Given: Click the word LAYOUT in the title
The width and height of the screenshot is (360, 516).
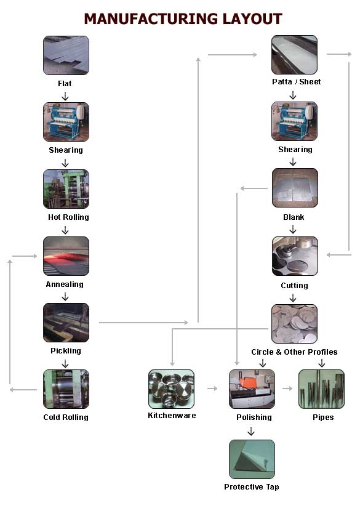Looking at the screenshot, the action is tap(252, 18).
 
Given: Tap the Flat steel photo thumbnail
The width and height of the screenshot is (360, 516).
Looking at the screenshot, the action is tap(66, 55).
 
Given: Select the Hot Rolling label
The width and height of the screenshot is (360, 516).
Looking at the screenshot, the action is tap(68, 217).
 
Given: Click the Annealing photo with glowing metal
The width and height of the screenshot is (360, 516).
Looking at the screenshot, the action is tap(66, 256).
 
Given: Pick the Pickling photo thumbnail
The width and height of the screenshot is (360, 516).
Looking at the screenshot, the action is tap(66, 323).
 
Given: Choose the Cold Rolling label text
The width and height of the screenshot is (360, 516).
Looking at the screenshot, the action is tap(66, 417).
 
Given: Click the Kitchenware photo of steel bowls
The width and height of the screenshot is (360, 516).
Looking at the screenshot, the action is tap(171, 389).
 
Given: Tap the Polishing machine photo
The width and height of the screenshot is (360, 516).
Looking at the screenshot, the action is tap(252, 389).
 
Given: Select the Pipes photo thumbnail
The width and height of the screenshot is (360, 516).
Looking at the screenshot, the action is tap(321, 389).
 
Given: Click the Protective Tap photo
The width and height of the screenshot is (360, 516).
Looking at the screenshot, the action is tap(252, 459).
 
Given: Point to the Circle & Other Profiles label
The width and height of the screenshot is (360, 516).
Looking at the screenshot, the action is tap(294, 352).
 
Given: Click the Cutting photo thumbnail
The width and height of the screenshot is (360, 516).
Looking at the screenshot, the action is tap(295, 256).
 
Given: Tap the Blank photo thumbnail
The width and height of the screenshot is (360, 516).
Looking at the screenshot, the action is tap(295, 188).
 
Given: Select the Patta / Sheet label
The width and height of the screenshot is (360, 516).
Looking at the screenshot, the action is tap(296, 82).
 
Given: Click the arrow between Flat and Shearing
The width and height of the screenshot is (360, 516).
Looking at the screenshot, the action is tap(65, 96).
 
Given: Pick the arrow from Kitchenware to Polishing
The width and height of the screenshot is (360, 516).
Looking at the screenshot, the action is tap(212, 389).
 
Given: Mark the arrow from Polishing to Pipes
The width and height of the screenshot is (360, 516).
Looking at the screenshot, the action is tap(287, 389).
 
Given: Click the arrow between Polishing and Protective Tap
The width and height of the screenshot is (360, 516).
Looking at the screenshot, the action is tap(251, 432).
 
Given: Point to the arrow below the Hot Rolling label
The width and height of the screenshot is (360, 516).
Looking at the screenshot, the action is tap(65, 230).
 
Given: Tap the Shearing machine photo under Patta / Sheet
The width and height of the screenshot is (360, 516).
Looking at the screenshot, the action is tap(295, 121).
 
